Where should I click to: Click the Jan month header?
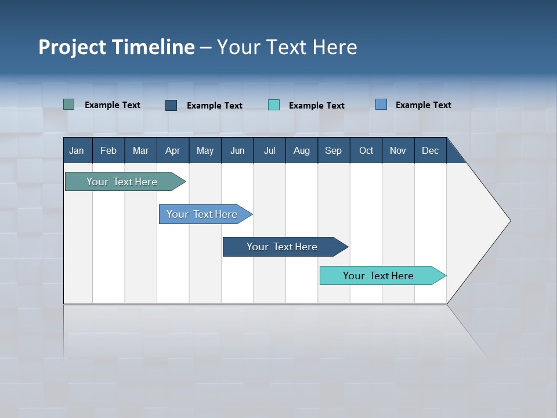[77, 150]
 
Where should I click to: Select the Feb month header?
[108, 150]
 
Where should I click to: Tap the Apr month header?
[172, 150]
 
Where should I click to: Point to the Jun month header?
[237, 150]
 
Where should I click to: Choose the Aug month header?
[301, 150]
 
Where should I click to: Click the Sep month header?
[333, 150]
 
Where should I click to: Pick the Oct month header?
[366, 150]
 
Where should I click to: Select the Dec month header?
[430, 150]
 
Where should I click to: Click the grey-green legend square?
[69, 105]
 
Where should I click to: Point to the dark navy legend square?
[171, 105]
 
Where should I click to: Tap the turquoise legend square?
[274, 105]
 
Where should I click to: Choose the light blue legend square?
[381, 105]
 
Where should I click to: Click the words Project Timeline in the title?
[117, 47]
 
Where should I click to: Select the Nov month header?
[398, 150]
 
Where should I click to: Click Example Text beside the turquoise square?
[316, 106]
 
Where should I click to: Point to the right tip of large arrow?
[509, 221]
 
